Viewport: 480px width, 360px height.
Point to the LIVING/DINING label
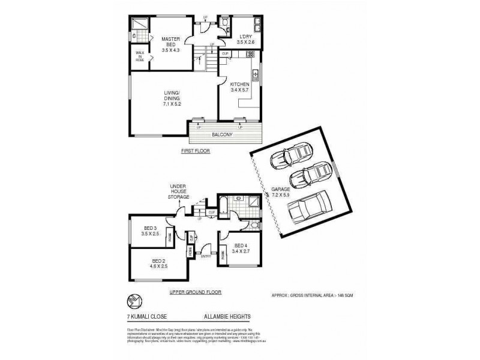(172, 96)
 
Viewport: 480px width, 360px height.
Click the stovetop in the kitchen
(250, 54)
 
